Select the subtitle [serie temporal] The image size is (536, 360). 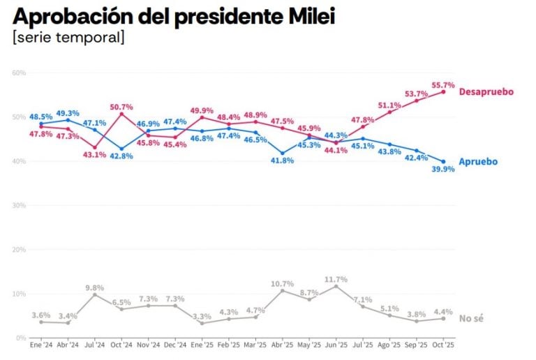point(68,37)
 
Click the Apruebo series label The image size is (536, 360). point(478,161)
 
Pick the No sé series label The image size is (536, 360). point(471,318)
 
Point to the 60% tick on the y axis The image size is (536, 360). point(18,73)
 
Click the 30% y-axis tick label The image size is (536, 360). point(18,205)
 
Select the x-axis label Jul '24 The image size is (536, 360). point(95,345)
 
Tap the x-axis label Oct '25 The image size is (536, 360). point(443,345)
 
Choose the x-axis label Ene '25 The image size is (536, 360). point(202,345)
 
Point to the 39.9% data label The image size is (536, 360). point(443,169)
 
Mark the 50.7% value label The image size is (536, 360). point(121,107)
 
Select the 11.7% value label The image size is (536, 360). point(336,279)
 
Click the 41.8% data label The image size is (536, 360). point(283,160)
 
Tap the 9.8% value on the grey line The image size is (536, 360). point(95,287)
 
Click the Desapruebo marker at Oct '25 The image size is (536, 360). point(443,91)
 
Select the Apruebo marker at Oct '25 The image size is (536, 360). point(443,161)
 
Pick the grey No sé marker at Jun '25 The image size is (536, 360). point(336,286)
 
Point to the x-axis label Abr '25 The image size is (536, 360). point(283,345)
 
